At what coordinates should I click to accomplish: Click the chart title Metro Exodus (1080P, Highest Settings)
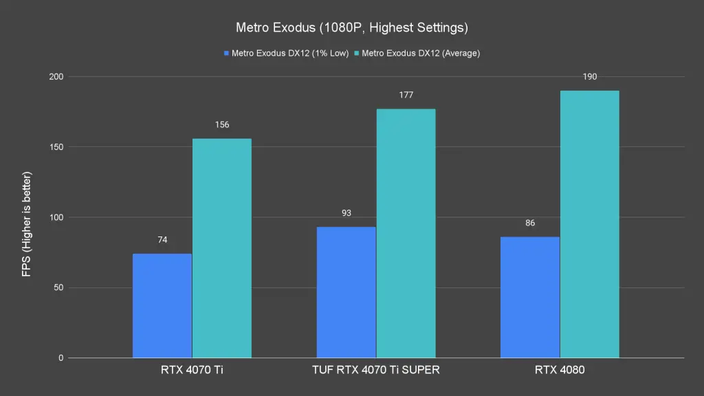[x=351, y=27]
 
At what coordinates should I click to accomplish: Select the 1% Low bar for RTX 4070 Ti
[x=162, y=306]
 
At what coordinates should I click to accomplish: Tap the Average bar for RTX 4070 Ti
[x=221, y=248]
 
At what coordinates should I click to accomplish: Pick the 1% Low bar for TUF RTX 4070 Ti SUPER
[x=346, y=292]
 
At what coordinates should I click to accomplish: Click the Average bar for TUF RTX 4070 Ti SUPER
[x=406, y=233]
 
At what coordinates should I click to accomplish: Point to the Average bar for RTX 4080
[x=589, y=224]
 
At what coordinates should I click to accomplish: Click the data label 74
[x=162, y=240]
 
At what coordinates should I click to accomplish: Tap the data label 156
[x=221, y=124]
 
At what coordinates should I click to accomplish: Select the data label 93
[x=346, y=213]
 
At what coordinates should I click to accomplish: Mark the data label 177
[x=406, y=95]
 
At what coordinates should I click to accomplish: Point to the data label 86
[x=530, y=223]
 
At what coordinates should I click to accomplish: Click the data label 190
[x=589, y=76]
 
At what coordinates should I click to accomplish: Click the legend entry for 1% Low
[x=286, y=53]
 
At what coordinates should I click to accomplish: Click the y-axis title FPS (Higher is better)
[x=26, y=223]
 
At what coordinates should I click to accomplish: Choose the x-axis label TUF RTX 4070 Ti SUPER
[x=375, y=371]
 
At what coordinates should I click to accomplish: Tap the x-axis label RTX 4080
[x=560, y=371]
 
